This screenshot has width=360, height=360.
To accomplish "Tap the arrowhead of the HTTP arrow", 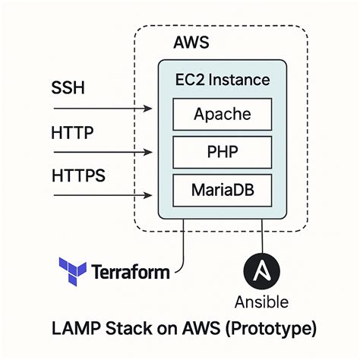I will pyautogui.click(x=151, y=153).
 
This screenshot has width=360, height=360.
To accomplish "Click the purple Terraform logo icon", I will pyautogui.click(x=73, y=270).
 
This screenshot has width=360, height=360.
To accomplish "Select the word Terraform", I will pyautogui.click(x=131, y=271).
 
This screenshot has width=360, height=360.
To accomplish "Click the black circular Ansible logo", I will pyautogui.click(x=263, y=271).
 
